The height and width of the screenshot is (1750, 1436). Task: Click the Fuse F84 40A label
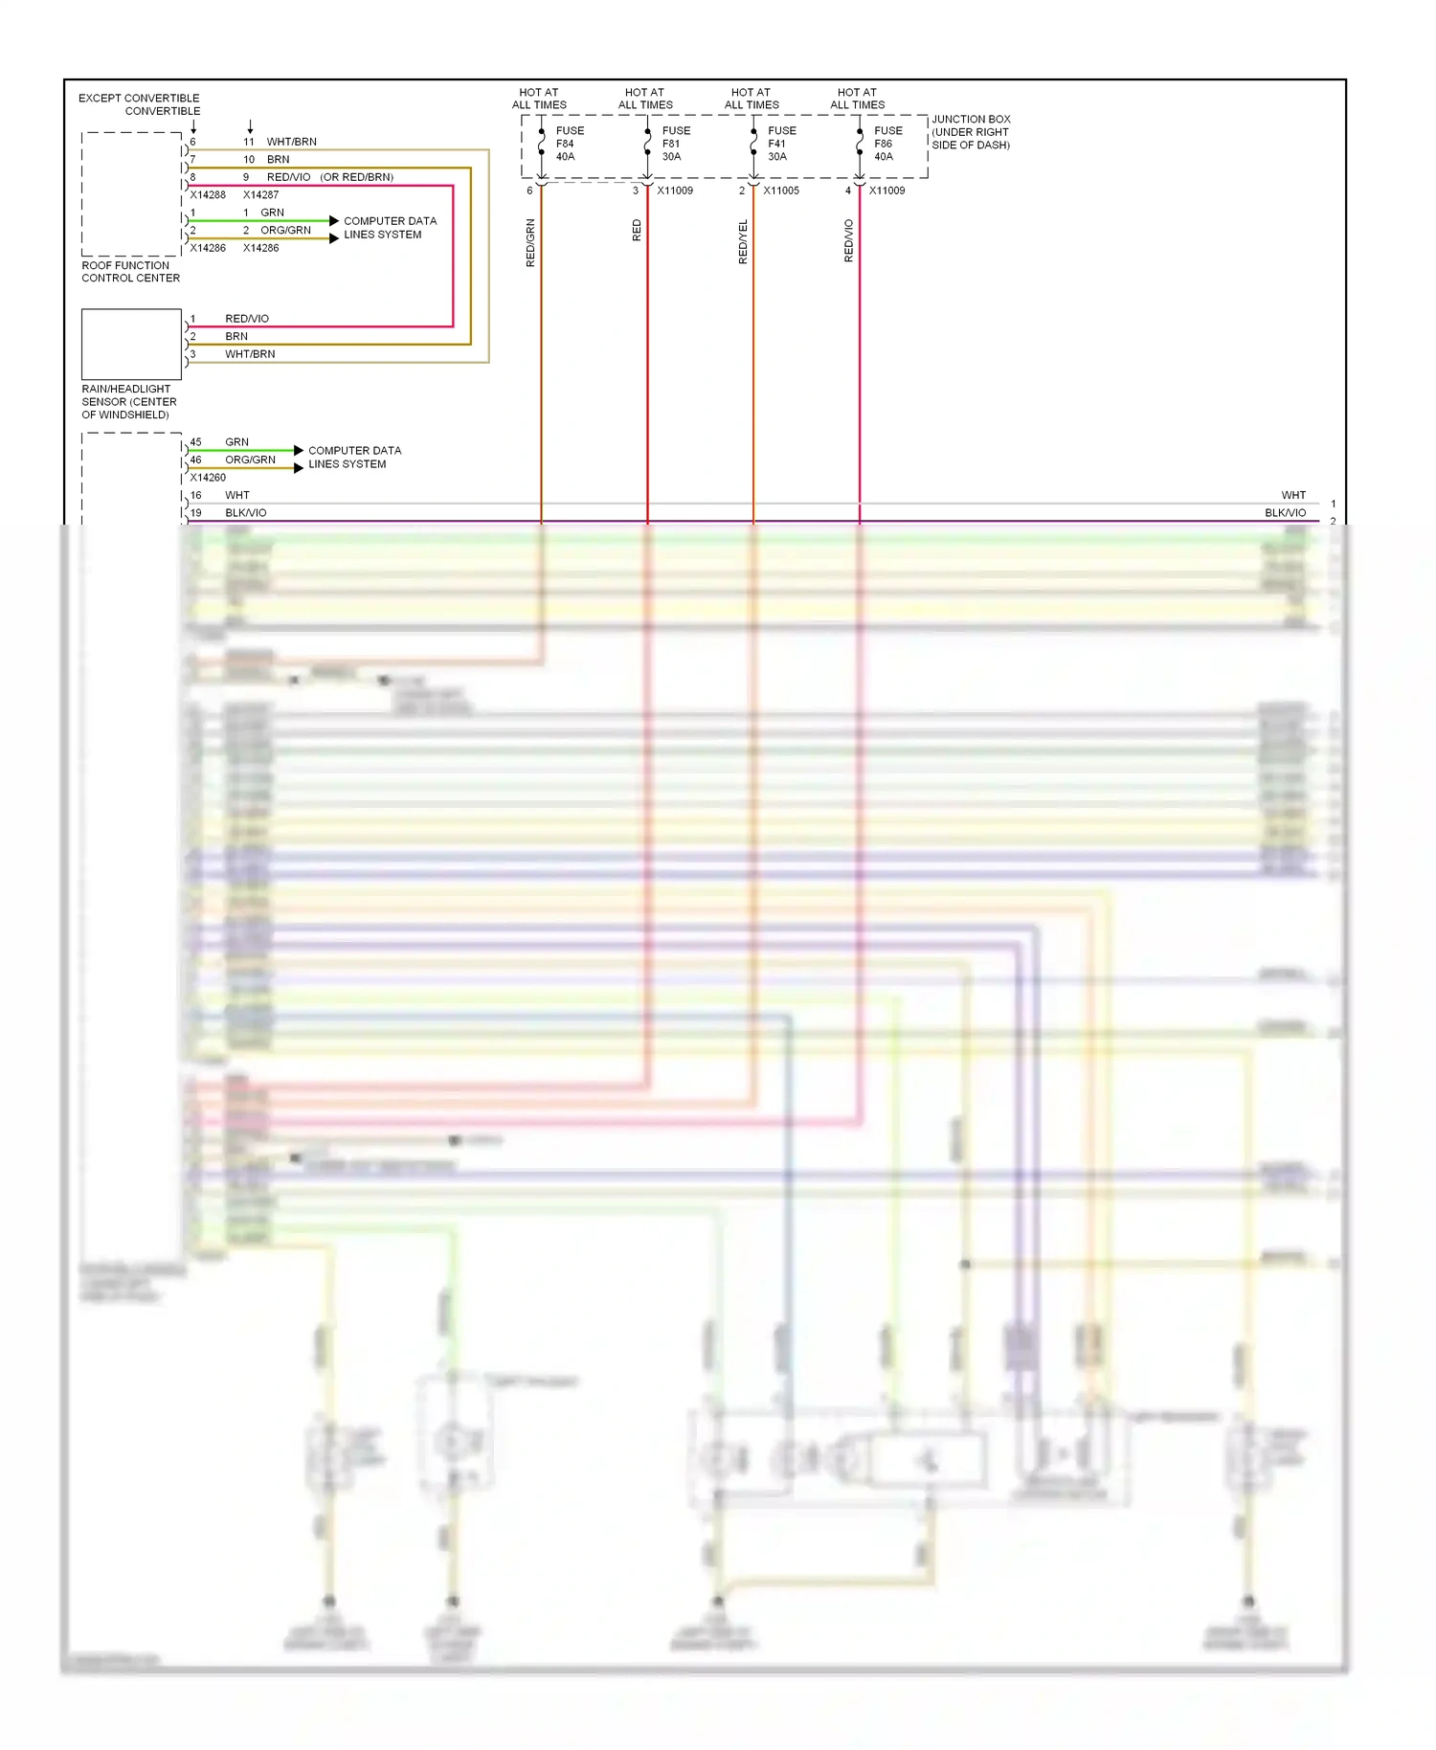569,144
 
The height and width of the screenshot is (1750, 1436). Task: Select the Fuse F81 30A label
675,144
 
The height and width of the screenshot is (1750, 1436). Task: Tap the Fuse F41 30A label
780,144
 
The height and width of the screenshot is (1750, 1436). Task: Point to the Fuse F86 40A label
886,144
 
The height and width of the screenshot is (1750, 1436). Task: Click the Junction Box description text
971,132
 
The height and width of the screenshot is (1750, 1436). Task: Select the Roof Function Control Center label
130,272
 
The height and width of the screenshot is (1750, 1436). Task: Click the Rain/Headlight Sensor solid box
131,344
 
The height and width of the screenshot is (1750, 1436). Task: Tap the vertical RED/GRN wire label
530,242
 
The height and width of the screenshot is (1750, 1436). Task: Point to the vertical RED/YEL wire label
743,242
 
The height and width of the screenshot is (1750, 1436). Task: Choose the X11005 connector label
781,191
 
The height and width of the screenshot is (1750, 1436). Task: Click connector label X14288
208,194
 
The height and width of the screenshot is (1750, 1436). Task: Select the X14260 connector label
208,478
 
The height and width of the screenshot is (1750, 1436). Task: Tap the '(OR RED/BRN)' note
357,177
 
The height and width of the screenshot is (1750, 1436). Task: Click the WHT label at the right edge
1293,495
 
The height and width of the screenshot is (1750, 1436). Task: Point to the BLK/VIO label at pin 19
246,513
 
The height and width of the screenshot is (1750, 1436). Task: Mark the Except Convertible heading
139,98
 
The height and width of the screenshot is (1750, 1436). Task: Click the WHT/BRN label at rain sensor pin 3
250,354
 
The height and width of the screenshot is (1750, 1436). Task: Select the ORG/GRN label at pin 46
250,460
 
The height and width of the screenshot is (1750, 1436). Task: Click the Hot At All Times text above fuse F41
752,99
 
